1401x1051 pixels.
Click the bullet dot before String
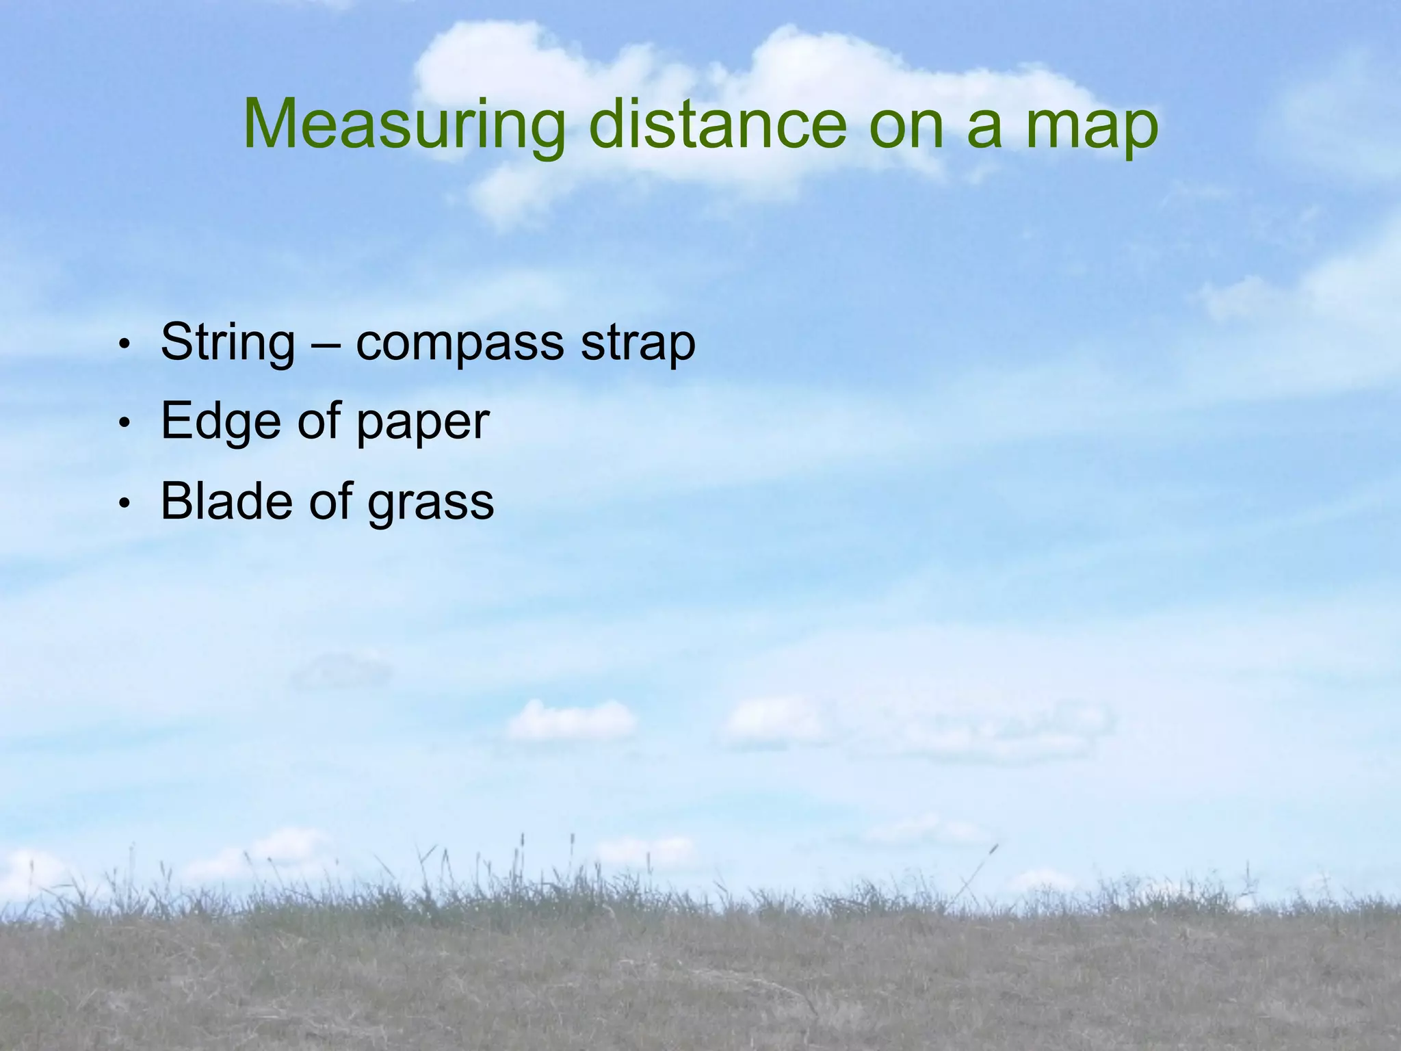124,344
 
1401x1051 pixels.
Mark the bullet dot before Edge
124,424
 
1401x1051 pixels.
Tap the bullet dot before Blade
124,504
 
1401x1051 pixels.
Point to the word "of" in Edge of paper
319,420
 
